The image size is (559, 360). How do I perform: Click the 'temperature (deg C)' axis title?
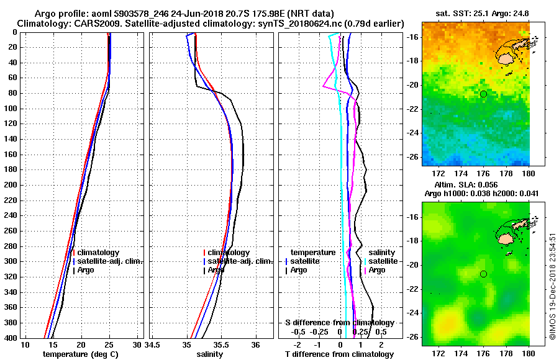coord(80,354)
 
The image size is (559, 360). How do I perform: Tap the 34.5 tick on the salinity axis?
coord(153,344)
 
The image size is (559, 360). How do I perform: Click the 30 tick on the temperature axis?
coord(137,344)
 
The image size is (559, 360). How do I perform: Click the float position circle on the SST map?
coord(483,94)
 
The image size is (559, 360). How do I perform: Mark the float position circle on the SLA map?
coord(483,274)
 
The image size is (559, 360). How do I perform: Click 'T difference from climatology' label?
coord(339,354)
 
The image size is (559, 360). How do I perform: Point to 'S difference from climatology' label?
coord(339,323)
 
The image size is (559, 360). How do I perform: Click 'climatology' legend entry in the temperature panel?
coord(98,253)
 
